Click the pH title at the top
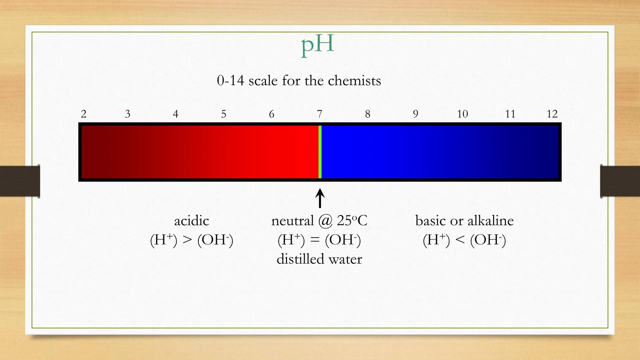[x=317, y=45]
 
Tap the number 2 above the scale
[x=84, y=114]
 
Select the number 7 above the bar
[x=319, y=114]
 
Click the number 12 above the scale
[x=552, y=114]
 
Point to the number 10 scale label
[x=462, y=114]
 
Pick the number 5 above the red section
[x=224, y=114]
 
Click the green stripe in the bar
[x=320, y=152]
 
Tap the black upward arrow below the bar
[x=320, y=198]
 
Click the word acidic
[x=192, y=221]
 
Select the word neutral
[x=293, y=221]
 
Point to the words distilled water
[x=319, y=259]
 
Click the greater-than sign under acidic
[x=187, y=240]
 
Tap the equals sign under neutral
[x=315, y=240]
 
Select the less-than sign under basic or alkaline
[x=460, y=240]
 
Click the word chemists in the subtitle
[x=354, y=81]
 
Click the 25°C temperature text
[x=352, y=221]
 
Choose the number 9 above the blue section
[x=415, y=114]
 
